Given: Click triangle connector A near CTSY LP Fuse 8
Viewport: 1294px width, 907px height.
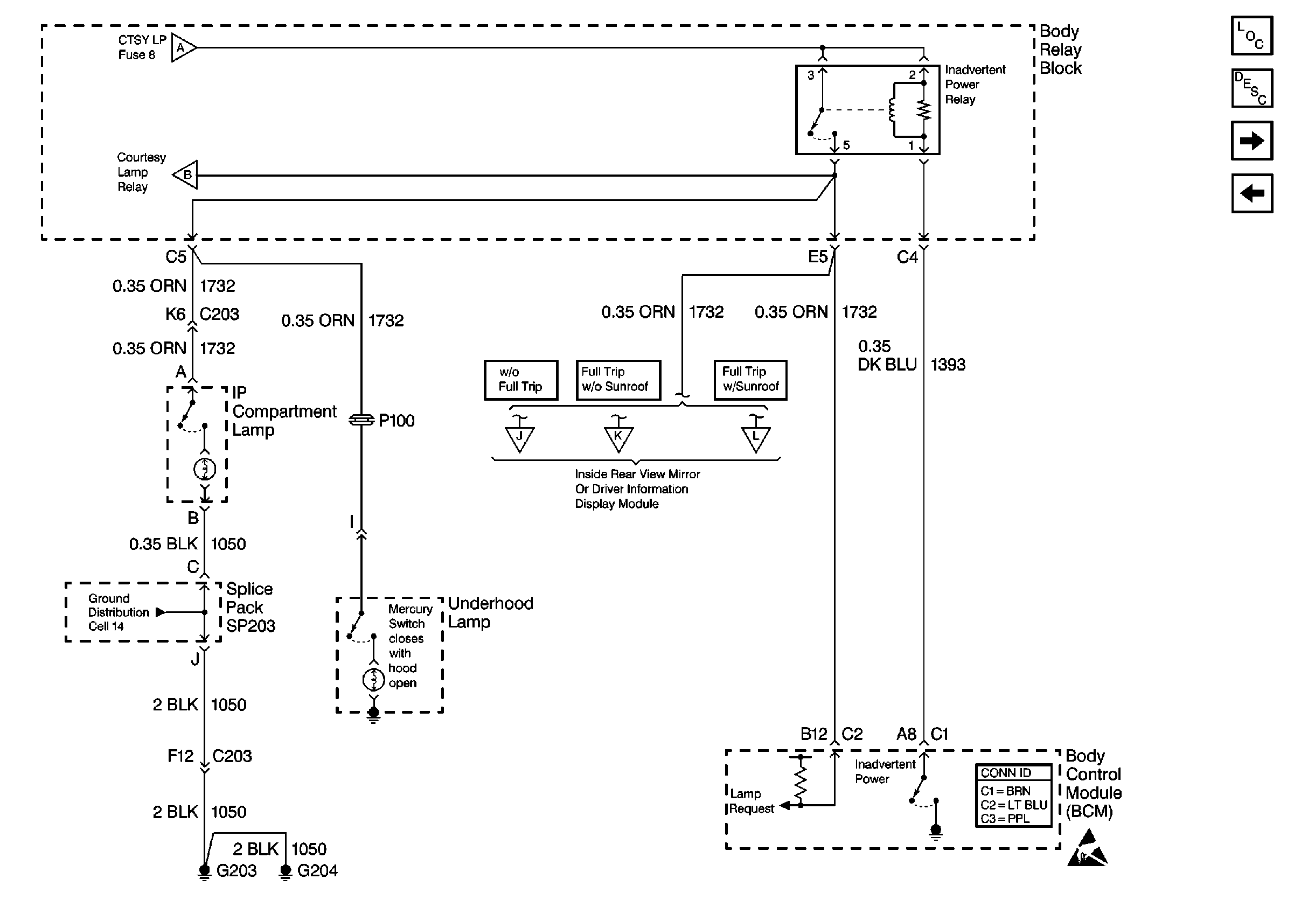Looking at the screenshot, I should click(183, 48).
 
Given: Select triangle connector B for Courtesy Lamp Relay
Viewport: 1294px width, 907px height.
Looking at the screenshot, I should click(186, 175).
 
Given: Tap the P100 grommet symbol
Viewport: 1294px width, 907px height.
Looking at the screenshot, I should click(361, 420).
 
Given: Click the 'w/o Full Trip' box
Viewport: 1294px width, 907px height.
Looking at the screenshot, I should click(521, 380).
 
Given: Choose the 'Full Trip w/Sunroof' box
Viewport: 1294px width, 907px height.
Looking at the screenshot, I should click(750, 380).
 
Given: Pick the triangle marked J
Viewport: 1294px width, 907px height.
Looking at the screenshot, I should click(519, 438).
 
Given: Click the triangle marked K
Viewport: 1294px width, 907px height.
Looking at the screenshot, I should click(618, 438).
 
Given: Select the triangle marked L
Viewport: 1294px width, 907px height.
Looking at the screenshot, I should click(755, 438).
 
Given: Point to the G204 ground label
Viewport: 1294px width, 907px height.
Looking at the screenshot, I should click(317, 870).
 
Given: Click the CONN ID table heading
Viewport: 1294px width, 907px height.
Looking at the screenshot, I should click(1013, 773).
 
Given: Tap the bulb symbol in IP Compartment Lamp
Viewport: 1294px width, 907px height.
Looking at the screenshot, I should click(205, 469).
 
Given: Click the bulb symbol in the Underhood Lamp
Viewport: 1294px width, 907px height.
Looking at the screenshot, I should click(373, 680).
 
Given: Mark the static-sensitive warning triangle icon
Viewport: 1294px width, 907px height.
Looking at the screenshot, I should click(1087, 849).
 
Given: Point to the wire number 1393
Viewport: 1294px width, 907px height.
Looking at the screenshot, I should click(948, 365).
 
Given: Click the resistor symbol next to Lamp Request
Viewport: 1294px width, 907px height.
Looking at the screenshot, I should click(801, 781).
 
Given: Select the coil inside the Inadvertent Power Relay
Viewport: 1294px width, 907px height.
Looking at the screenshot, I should click(892, 110).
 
